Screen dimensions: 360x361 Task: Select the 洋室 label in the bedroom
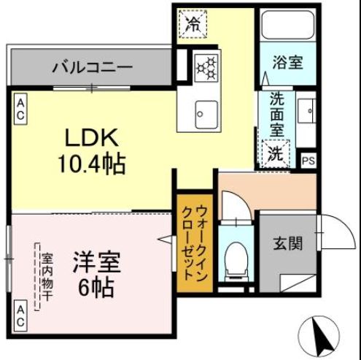click(96, 262)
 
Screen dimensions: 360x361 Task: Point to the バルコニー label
click(92, 68)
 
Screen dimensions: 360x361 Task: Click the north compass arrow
click(320, 335)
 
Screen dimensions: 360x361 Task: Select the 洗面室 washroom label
click(277, 115)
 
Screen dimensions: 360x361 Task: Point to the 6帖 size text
click(96, 288)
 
